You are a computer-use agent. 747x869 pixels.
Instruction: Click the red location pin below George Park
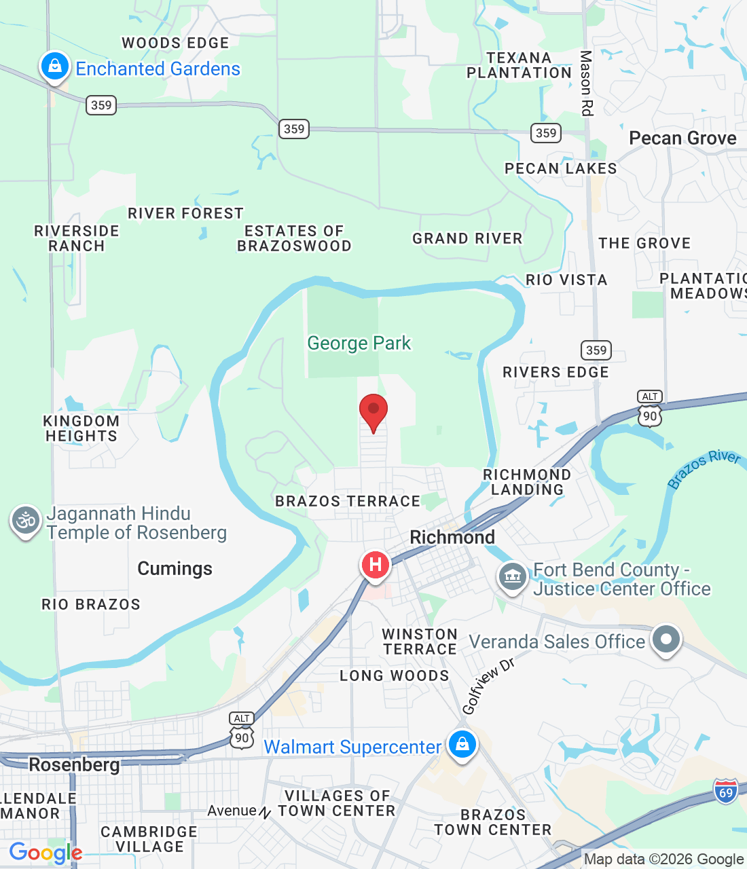pyautogui.click(x=373, y=410)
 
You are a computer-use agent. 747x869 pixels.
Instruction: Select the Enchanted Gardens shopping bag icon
pyautogui.click(x=54, y=67)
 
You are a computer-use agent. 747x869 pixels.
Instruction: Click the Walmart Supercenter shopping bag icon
pyautogui.click(x=462, y=744)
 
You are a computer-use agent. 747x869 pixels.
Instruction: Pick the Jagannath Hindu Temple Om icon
pyautogui.click(x=26, y=521)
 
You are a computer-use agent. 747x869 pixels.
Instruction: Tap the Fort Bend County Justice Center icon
pyautogui.click(x=513, y=577)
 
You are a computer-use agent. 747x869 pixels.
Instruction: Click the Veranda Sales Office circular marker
pyautogui.click(x=666, y=639)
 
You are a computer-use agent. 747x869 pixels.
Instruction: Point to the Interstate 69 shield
pyautogui.click(x=726, y=791)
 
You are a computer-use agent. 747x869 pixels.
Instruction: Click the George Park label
pyautogui.click(x=359, y=344)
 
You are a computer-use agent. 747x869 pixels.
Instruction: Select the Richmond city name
pyautogui.click(x=452, y=537)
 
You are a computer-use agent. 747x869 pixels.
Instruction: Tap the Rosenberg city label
pyautogui.click(x=74, y=765)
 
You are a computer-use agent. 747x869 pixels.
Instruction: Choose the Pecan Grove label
pyautogui.click(x=682, y=138)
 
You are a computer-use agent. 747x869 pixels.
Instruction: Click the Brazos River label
pyautogui.click(x=704, y=468)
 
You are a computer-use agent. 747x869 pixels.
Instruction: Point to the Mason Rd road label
pyautogui.click(x=586, y=83)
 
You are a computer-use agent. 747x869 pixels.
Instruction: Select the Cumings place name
pyautogui.click(x=175, y=568)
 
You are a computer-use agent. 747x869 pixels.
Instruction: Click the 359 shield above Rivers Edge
pyautogui.click(x=596, y=350)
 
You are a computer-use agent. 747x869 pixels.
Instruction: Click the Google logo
pyautogui.click(x=45, y=853)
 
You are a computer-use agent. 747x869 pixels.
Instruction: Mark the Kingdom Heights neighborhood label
pyautogui.click(x=81, y=428)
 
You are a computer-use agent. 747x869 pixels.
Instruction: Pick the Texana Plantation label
pyautogui.click(x=520, y=65)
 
